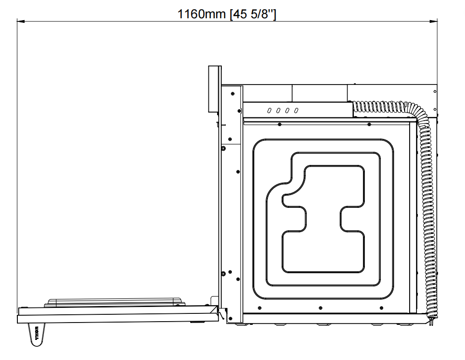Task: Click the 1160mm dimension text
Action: pos(201,14)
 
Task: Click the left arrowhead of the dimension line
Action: pos(20,21)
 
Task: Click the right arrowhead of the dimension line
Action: pos(433,21)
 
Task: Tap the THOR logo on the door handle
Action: pos(37,333)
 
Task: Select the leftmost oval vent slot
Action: pos(269,111)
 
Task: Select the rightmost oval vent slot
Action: pos(296,111)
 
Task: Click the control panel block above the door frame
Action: pos(214,89)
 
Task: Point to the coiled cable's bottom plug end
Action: pos(430,321)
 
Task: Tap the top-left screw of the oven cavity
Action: pos(279,124)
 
